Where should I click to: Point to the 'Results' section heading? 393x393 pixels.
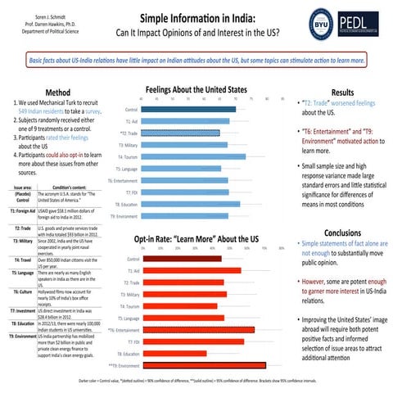pos(341,93)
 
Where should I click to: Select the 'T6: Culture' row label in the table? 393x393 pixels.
pos(23,291)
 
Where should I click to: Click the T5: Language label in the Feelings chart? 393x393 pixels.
pos(126,169)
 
